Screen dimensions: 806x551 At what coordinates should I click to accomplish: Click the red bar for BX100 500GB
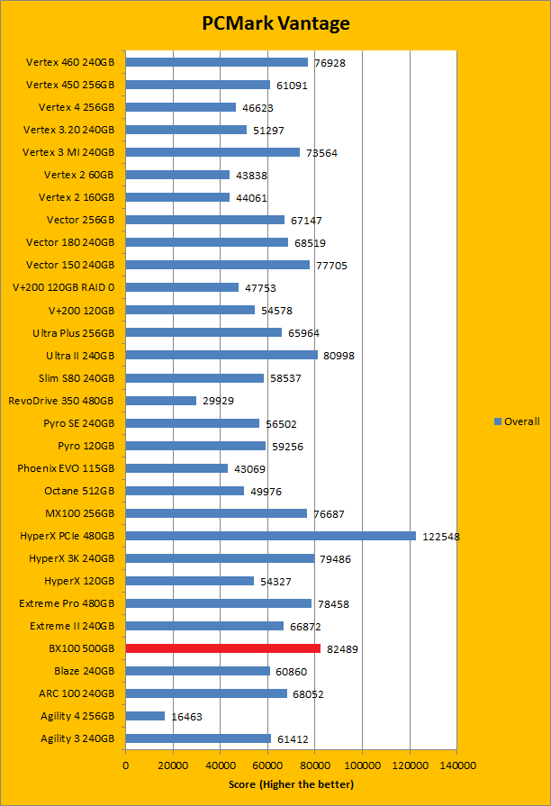(222, 648)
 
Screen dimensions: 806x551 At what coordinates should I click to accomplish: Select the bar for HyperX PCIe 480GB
(270, 536)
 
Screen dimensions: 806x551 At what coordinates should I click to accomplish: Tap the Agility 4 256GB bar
(145, 716)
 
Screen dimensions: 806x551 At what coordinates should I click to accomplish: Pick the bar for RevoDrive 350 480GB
(160, 401)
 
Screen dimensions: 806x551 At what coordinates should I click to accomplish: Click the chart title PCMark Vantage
(275, 23)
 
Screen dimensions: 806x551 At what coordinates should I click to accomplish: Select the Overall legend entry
(517, 421)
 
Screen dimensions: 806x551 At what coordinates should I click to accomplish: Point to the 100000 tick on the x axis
(362, 765)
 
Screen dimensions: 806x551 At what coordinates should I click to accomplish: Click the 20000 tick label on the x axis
(173, 765)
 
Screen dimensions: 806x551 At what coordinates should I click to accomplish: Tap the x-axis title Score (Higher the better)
(291, 783)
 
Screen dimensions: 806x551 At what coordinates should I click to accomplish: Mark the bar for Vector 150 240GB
(217, 265)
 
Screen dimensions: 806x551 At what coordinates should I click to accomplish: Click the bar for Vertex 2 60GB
(177, 175)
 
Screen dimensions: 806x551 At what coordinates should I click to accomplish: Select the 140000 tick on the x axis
(456, 765)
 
